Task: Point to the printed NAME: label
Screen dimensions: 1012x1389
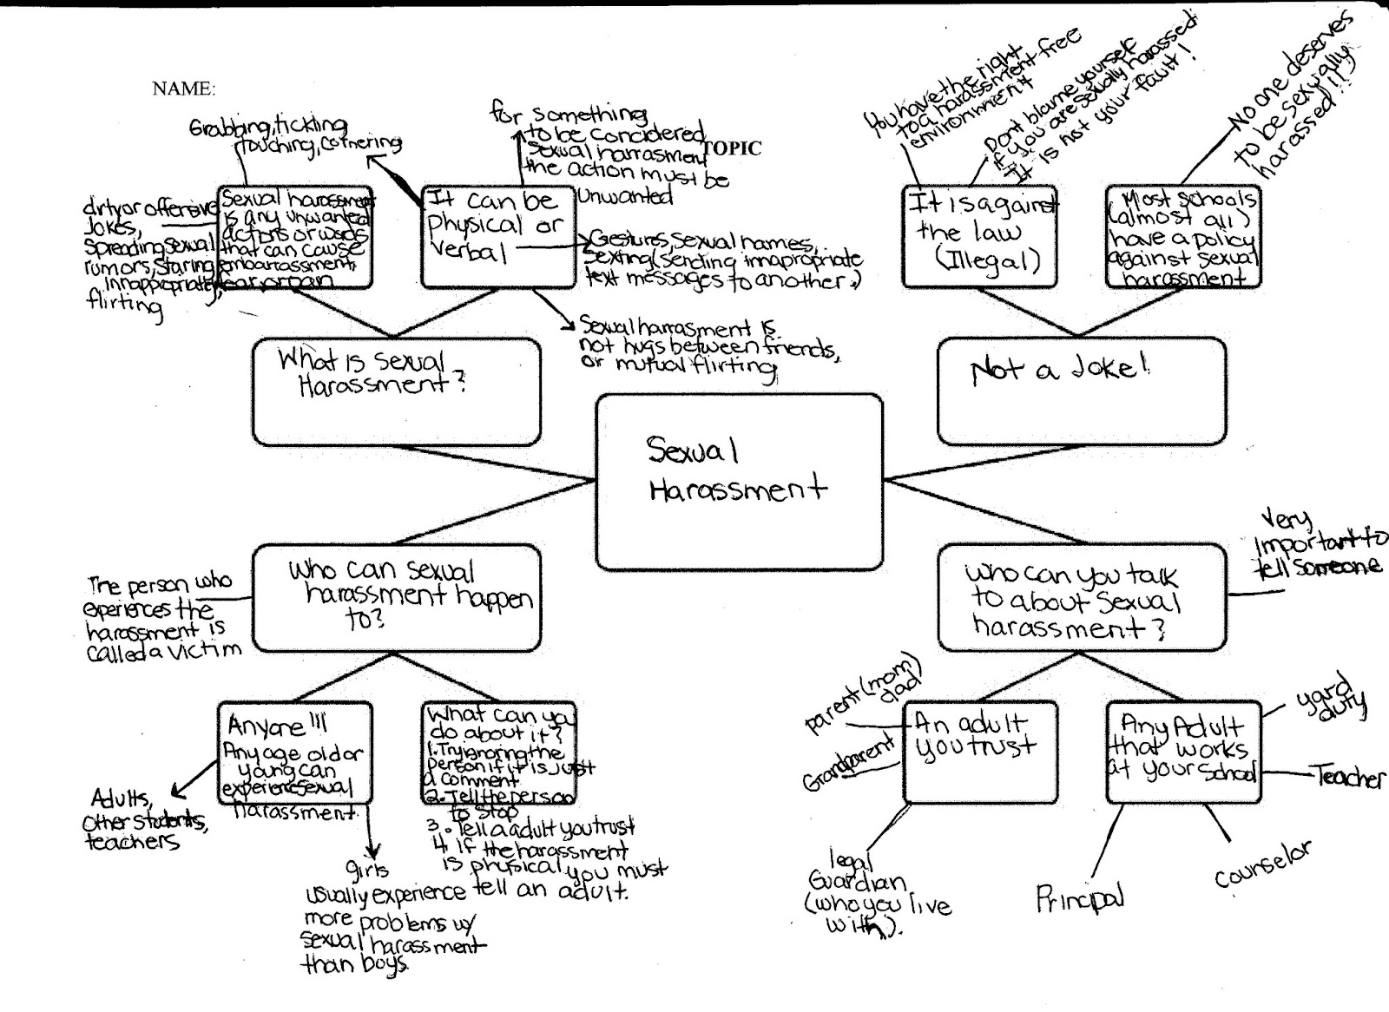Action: [183, 89]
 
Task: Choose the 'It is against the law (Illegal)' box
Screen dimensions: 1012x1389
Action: [979, 235]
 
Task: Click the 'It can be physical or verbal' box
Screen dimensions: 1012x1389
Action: [497, 235]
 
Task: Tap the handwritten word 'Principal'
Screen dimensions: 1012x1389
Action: [1080, 899]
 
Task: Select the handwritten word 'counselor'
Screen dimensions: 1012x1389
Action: [1263, 864]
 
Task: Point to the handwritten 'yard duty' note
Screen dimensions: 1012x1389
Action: [1329, 695]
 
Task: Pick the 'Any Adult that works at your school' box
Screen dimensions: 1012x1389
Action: [1183, 752]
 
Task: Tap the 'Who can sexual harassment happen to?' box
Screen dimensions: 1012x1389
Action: [396, 598]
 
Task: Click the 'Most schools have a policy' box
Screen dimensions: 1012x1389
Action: [1182, 235]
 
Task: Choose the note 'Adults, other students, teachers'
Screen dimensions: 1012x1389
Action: [143, 820]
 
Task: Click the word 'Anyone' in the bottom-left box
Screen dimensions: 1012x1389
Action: [268, 725]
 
